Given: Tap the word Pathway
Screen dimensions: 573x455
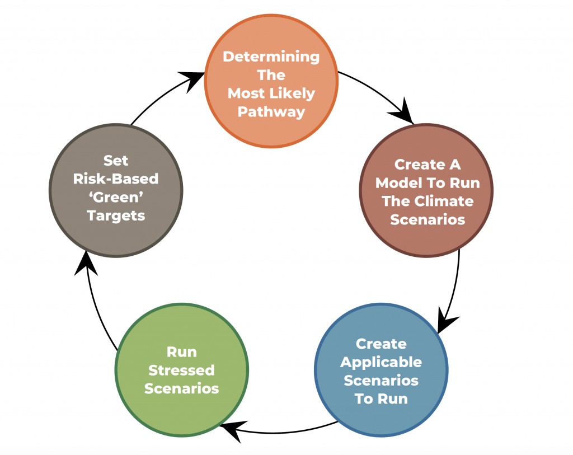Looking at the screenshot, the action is [271, 112].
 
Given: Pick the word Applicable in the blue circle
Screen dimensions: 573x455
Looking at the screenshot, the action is [381, 363].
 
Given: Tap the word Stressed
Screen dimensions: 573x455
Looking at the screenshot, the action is [182, 370].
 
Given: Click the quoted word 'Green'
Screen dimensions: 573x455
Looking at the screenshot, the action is [116, 198].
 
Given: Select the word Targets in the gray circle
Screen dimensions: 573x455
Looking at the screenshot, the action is [116, 216].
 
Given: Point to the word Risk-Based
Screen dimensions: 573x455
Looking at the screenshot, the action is [116, 179].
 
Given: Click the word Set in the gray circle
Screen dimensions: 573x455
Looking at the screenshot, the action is [116, 161].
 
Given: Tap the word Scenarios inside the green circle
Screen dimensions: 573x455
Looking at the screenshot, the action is [182, 388].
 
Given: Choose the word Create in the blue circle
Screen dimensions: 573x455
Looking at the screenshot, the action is [381, 344].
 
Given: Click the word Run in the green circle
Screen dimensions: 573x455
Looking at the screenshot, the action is [182, 352].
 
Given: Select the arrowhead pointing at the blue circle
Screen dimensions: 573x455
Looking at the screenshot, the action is [447, 321].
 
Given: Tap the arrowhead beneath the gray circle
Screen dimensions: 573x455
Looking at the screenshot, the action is [86, 264].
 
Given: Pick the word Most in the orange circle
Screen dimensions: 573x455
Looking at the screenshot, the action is [246, 93].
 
